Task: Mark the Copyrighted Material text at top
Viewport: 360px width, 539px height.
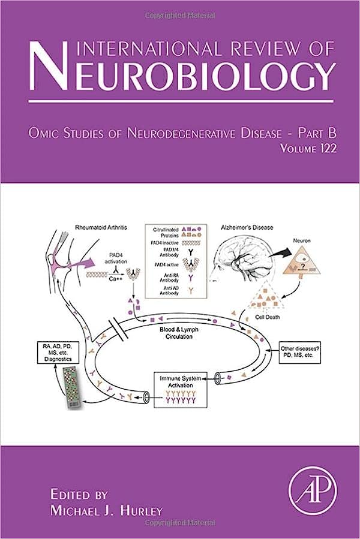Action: point(180,5)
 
